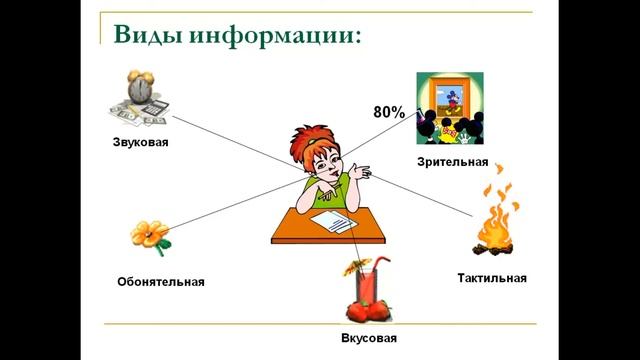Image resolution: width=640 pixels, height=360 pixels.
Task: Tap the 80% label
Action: pyautogui.click(x=389, y=113)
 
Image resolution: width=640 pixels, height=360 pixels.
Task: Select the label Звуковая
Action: pyautogui.click(x=140, y=142)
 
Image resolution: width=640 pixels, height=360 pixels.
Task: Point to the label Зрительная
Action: pyautogui.click(x=453, y=161)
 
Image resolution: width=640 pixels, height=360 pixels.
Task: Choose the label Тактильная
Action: pyautogui.click(x=491, y=277)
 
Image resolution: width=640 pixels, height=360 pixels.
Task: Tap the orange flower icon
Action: pyautogui.click(x=150, y=236)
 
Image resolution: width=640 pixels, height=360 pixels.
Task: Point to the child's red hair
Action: pyautogui.click(x=306, y=141)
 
